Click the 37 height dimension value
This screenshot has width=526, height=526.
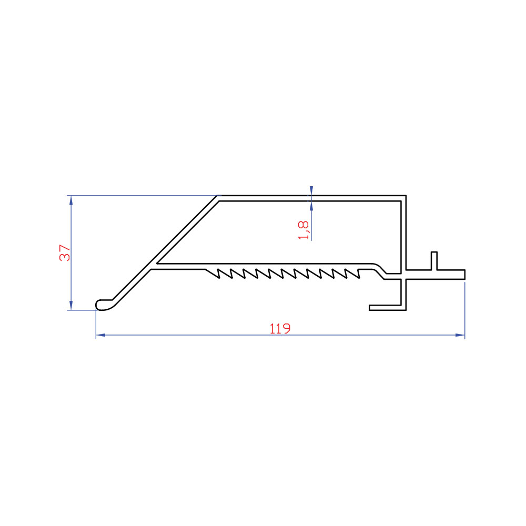point(65,253)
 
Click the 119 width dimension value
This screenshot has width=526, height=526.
point(280,328)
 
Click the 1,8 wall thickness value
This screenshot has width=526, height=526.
point(304,230)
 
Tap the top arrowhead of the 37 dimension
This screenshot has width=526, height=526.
point(71,200)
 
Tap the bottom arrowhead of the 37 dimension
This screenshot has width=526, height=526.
point(71,305)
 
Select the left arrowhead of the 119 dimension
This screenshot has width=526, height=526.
point(100,335)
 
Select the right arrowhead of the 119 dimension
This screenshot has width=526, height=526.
point(460,335)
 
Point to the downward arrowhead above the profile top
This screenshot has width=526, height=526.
point(311,191)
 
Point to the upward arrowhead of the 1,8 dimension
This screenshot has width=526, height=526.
point(311,206)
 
